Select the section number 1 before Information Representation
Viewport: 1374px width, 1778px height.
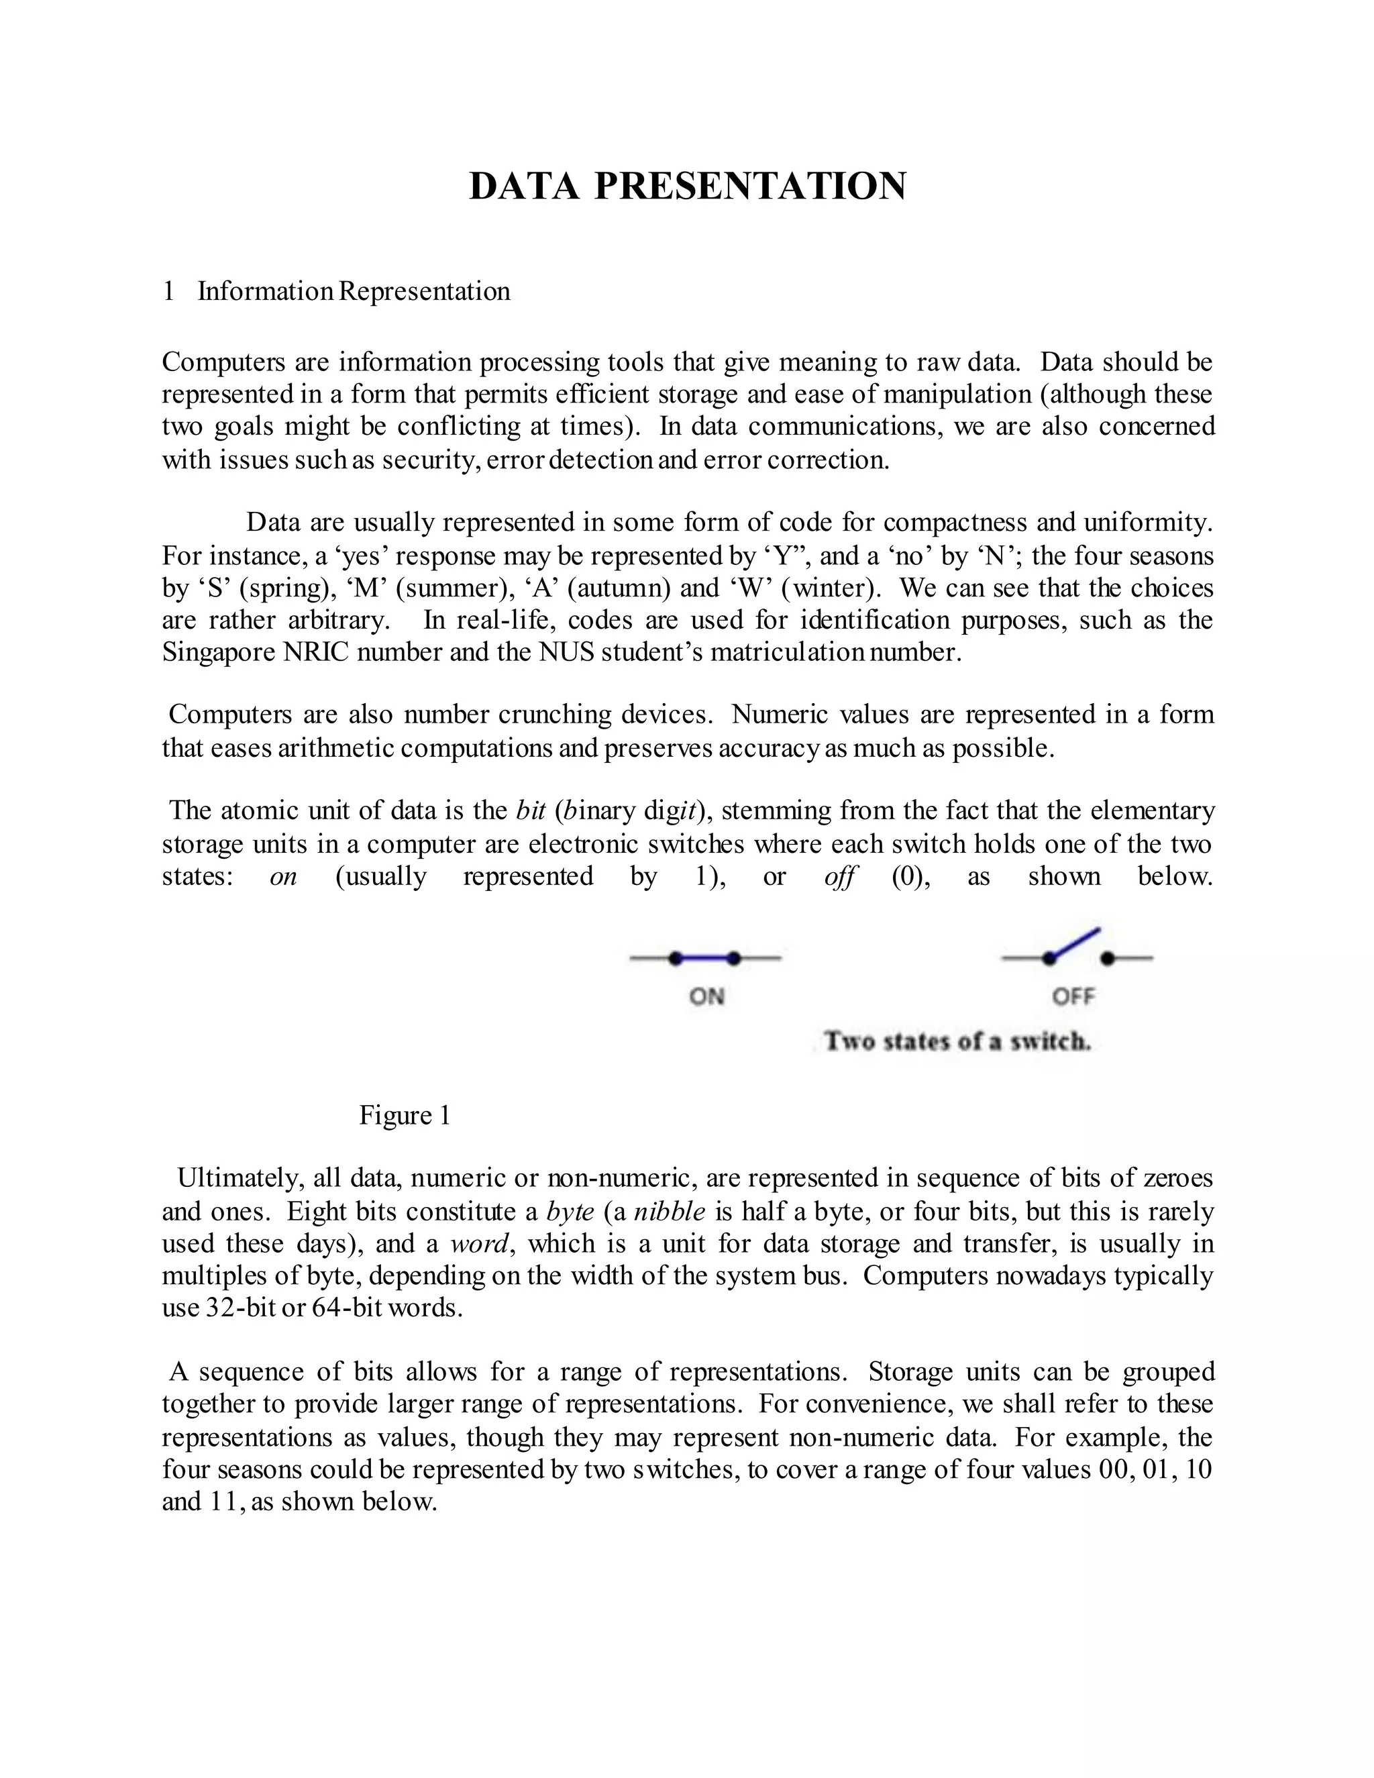pos(168,291)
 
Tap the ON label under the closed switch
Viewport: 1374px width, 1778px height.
pos(706,996)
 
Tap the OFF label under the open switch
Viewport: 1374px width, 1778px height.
pos(1073,996)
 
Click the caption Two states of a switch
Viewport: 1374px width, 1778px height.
pos(957,1041)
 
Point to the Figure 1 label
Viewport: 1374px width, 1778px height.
pos(405,1115)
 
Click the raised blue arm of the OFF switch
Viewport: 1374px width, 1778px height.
pos(1076,943)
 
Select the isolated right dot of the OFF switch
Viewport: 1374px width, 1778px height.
pos(1107,958)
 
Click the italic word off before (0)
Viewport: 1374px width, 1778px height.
pos(839,878)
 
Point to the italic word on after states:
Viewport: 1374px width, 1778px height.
pos(283,878)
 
